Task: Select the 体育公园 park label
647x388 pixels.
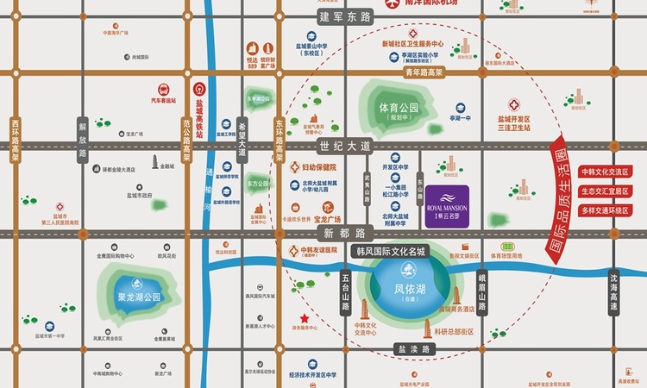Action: coord(398,109)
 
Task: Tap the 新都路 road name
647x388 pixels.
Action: coord(342,233)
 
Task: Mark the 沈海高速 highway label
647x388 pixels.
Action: coord(614,291)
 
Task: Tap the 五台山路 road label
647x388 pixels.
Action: coord(345,291)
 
